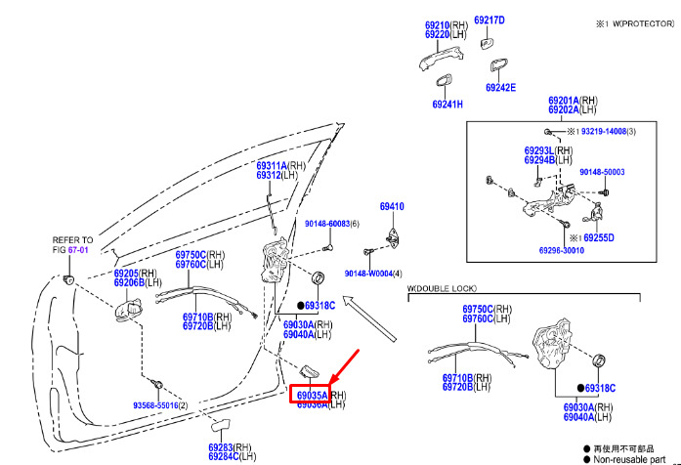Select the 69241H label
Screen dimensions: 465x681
click(447, 104)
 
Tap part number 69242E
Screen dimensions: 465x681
click(499, 88)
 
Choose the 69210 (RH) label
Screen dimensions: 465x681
click(437, 24)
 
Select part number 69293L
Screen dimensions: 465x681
click(539, 150)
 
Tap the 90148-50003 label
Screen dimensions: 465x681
click(601, 172)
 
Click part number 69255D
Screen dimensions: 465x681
click(597, 237)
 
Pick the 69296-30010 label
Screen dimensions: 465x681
click(563, 250)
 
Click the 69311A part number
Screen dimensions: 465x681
click(272, 165)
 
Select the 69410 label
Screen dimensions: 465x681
click(392, 207)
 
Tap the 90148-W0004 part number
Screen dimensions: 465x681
click(365, 273)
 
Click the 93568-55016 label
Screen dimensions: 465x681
click(154, 403)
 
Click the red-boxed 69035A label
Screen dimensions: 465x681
click(313, 395)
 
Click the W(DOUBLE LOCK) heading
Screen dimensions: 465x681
click(442, 290)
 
